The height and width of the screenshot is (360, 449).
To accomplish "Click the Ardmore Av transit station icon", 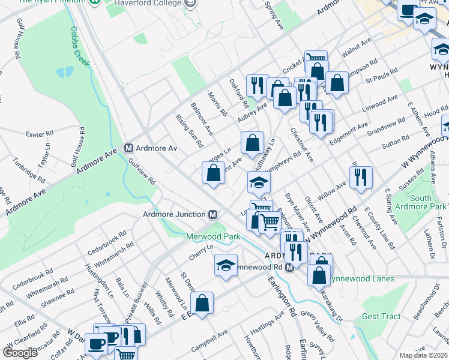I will point(128,148).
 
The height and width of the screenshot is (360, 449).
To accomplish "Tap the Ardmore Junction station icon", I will point(212,215).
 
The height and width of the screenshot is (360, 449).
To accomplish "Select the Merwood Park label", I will point(212,237).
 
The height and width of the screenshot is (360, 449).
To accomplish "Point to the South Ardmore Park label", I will point(429,203).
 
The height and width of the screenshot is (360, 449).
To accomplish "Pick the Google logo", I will point(20,353).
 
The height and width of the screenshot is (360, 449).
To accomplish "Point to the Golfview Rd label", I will point(141,172).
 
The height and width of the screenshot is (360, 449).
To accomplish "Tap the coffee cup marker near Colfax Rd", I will point(96,343).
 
